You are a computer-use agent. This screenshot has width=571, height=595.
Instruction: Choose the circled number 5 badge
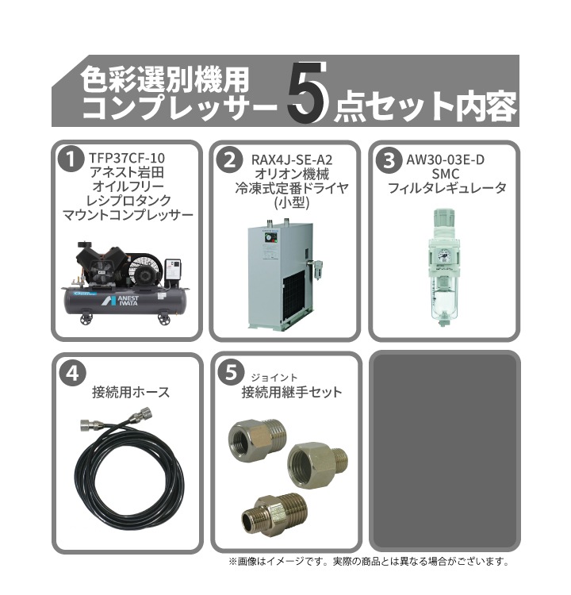228,372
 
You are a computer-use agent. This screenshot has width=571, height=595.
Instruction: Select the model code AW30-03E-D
444,159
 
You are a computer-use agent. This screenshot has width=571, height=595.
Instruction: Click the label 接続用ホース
131,392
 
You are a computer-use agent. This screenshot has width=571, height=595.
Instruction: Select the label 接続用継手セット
292,392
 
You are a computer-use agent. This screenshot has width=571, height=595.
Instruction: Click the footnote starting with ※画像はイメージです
368,561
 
